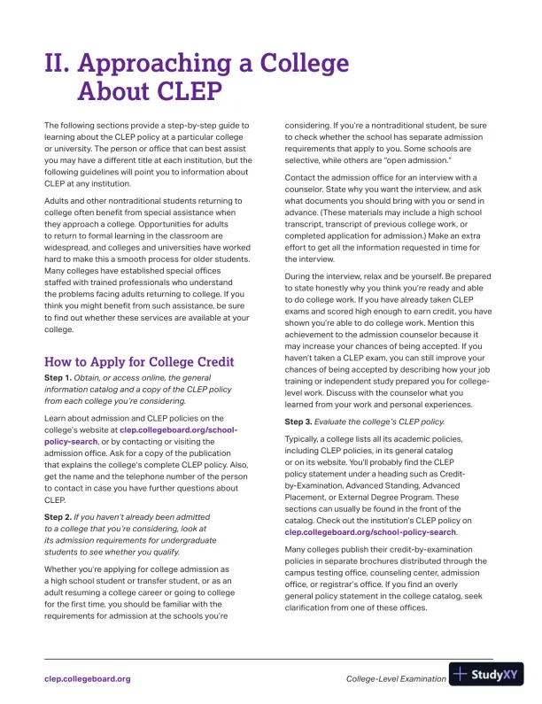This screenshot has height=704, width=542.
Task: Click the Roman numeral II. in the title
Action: point(58,64)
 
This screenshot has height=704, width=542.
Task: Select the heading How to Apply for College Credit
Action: point(139,361)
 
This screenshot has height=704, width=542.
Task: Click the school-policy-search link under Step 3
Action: point(370,532)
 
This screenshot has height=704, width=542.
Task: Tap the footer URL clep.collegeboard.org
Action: point(88,678)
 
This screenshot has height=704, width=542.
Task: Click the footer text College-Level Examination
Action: point(395,678)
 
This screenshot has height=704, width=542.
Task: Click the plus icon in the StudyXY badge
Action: point(460,675)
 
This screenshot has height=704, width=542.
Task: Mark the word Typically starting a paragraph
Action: point(304,439)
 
